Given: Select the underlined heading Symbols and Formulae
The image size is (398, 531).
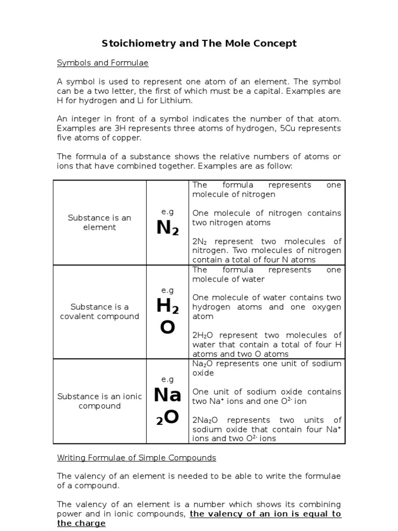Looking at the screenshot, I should coord(103,63).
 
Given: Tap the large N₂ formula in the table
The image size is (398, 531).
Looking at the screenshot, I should coord(167,228).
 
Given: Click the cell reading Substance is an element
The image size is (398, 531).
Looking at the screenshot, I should coord(99,222).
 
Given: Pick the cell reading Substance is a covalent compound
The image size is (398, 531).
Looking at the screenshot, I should coord(99,312).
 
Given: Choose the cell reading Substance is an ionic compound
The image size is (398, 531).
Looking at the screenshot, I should coord(99,401).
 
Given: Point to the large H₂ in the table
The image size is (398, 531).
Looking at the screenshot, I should coord(167,307).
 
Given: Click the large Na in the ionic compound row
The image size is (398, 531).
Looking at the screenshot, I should coord(167,395).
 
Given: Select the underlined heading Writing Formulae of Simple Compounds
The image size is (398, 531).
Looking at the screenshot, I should coord(137,458).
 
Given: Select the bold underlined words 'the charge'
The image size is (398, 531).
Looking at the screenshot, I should coord(81,523).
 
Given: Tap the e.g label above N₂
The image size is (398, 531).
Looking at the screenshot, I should coord(167,212).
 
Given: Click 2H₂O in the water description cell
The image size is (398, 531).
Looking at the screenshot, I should coord(204,336).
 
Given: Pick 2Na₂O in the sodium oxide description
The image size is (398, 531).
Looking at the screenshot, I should coord(206,420).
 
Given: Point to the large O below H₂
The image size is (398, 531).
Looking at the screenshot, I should coord(167,328).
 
